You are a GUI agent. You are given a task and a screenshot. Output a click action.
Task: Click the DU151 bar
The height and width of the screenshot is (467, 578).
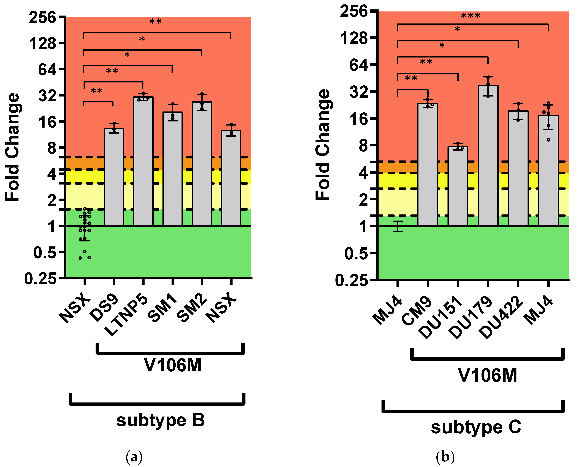[x=458, y=186]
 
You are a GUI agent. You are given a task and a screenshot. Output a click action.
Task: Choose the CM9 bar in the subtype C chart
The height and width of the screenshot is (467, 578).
[x=428, y=164]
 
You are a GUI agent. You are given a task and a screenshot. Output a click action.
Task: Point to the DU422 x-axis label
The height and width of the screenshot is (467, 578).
[x=502, y=317]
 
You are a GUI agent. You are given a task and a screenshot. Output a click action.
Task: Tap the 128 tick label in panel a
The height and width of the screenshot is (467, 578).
[x=43, y=43]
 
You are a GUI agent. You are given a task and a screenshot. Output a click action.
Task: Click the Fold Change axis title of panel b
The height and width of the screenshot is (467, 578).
[x=323, y=145]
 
